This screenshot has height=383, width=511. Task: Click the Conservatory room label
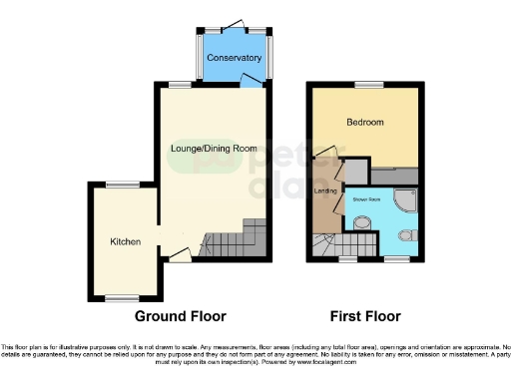click(x=234, y=58)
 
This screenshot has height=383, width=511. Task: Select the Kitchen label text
click(x=125, y=242)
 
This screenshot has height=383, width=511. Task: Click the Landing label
click(x=325, y=190)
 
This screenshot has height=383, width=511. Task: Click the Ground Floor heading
click(x=181, y=316)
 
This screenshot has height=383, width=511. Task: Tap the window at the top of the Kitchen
click(x=123, y=185)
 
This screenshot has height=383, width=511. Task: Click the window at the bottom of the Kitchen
click(x=123, y=298)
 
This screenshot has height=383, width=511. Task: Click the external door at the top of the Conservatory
click(x=236, y=25)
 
